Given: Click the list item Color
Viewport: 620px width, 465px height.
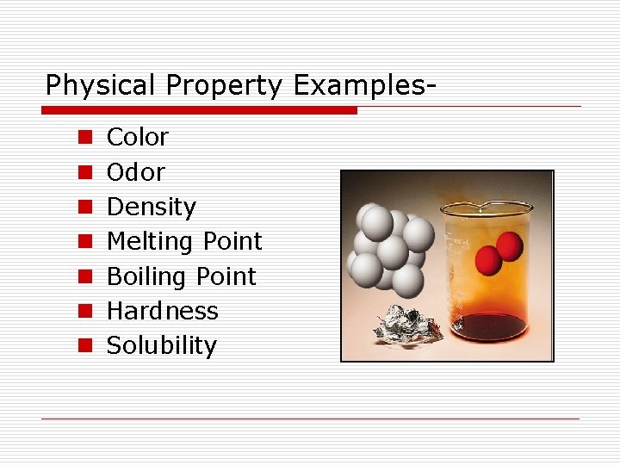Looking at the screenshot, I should click(137, 137).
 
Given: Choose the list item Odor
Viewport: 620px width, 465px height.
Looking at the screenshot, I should click(135, 172).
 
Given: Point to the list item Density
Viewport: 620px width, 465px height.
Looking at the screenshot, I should click(151, 207).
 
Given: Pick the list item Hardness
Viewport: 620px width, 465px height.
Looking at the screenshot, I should click(162, 311).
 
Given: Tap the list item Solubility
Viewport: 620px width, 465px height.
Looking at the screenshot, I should click(161, 345).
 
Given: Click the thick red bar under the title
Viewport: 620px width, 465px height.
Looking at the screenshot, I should click(199, 110).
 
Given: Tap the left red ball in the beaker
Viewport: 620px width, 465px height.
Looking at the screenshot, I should click(489, 259).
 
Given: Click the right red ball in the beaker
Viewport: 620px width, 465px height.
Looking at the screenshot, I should click(510, 246).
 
